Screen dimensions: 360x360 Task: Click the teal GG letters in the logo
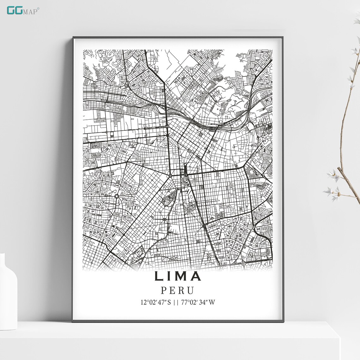click(14, 10)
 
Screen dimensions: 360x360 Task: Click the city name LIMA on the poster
click(178, 276)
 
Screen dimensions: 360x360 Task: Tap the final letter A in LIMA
click(196, 276)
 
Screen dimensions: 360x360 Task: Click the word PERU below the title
click(177, 290)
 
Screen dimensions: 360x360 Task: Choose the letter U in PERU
click(190, 290)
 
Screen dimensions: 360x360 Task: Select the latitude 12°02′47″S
click(156, 302)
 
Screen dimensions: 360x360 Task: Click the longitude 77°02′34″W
click(198, 302)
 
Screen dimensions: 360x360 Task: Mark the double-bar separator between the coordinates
click(176, 302)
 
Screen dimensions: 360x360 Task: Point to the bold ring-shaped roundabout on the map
click(117, 196)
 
